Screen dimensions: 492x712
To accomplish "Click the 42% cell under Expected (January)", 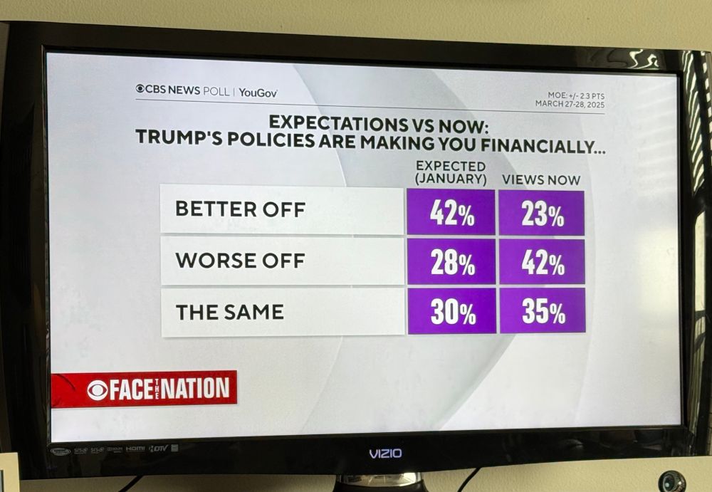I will [x=451, y=212].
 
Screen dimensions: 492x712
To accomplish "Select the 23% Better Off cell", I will [x=542, y=212].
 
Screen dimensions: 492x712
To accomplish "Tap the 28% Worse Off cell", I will [x=451, y=261].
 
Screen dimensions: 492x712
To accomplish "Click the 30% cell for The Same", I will [x=452, y=311].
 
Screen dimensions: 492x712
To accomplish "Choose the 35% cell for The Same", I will [x=543, y=311].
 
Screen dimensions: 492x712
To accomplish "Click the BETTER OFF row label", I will [x=241, y=209].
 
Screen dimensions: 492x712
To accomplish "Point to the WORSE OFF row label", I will [x=240, y=260].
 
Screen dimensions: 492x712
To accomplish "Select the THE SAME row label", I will [x=229, y=311].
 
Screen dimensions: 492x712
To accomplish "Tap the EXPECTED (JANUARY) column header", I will [x=451, y=172].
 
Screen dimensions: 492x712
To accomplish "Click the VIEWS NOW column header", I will [x=541, y=180].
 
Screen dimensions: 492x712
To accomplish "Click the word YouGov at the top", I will [x=258, y=92].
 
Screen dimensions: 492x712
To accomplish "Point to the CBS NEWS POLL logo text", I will [x=182, y=90].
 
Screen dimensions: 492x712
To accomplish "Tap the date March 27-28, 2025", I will [x=570, y=104].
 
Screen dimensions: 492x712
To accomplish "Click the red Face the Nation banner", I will [x=145, y=389].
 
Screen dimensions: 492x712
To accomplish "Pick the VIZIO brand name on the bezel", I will [x=385, y=453].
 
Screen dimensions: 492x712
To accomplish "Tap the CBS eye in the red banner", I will [x=98, y=390].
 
